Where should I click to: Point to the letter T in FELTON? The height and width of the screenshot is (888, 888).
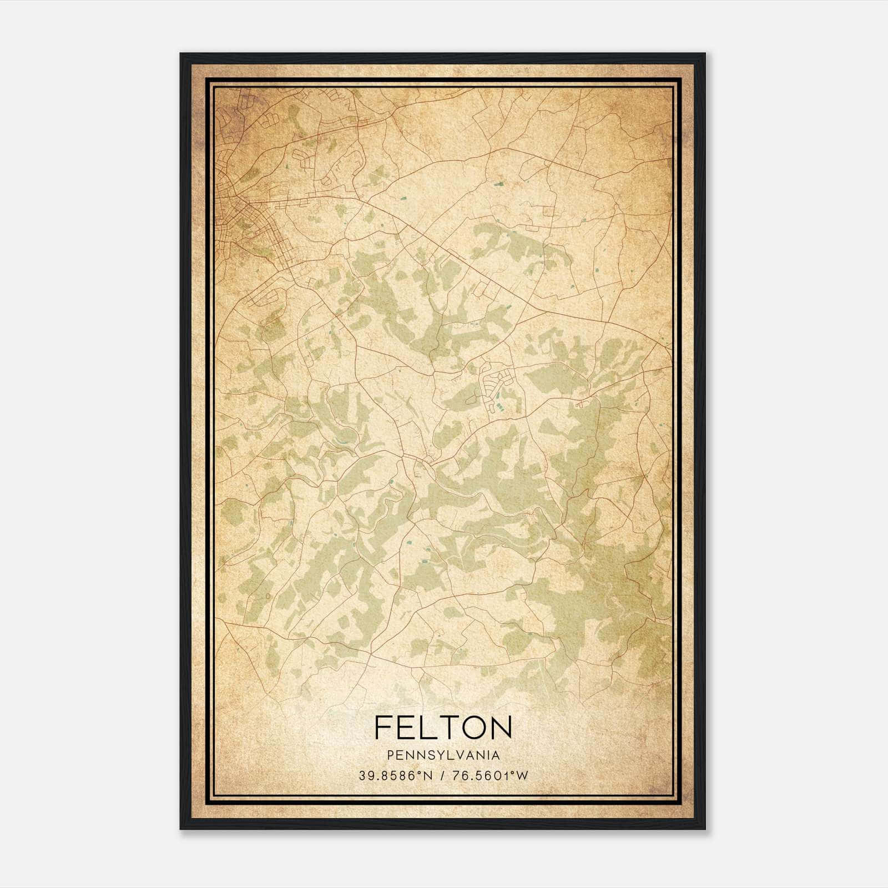point(451,727)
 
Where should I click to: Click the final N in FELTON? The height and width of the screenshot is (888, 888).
point(501,727)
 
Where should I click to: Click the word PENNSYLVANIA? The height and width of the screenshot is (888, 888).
point(443,755)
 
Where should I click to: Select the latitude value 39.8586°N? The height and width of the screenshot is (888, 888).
point(395,776)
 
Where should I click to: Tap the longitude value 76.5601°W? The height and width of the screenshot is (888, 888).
point(491,776)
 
